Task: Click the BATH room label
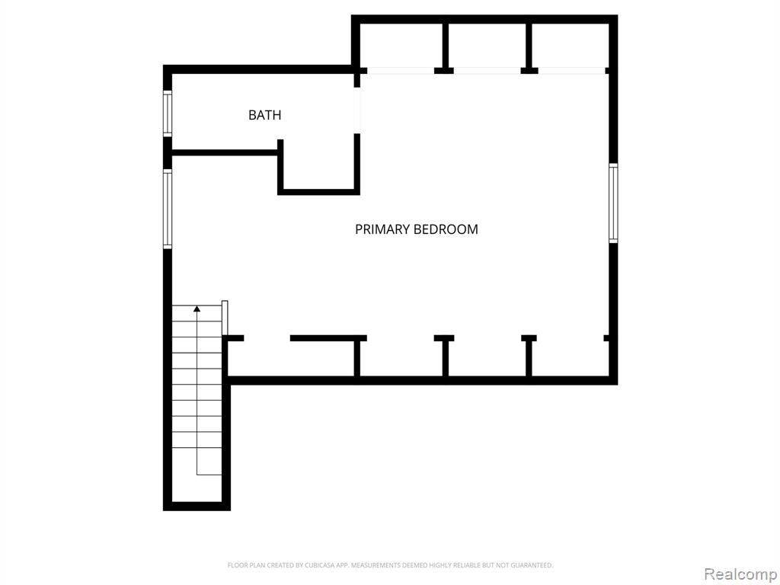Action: tap(264, 115)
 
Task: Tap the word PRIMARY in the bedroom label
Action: tap(382, 229)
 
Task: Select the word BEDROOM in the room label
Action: tap(446, 229)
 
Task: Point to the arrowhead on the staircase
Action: tap(197, 309)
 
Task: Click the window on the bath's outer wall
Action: tap(168, 113)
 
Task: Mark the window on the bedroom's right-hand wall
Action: tap(613, 203)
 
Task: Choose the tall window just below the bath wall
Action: tap(168, 209)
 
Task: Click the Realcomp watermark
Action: tap(740, 574)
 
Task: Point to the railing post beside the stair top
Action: tap(225, 318)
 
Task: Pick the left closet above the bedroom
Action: tap(401, 46)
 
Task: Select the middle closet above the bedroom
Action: tap(487, 46)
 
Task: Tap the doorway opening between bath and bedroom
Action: tap(356, 110)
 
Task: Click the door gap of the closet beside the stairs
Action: tap(267, 338)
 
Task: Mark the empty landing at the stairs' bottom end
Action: tap(197, 488)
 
